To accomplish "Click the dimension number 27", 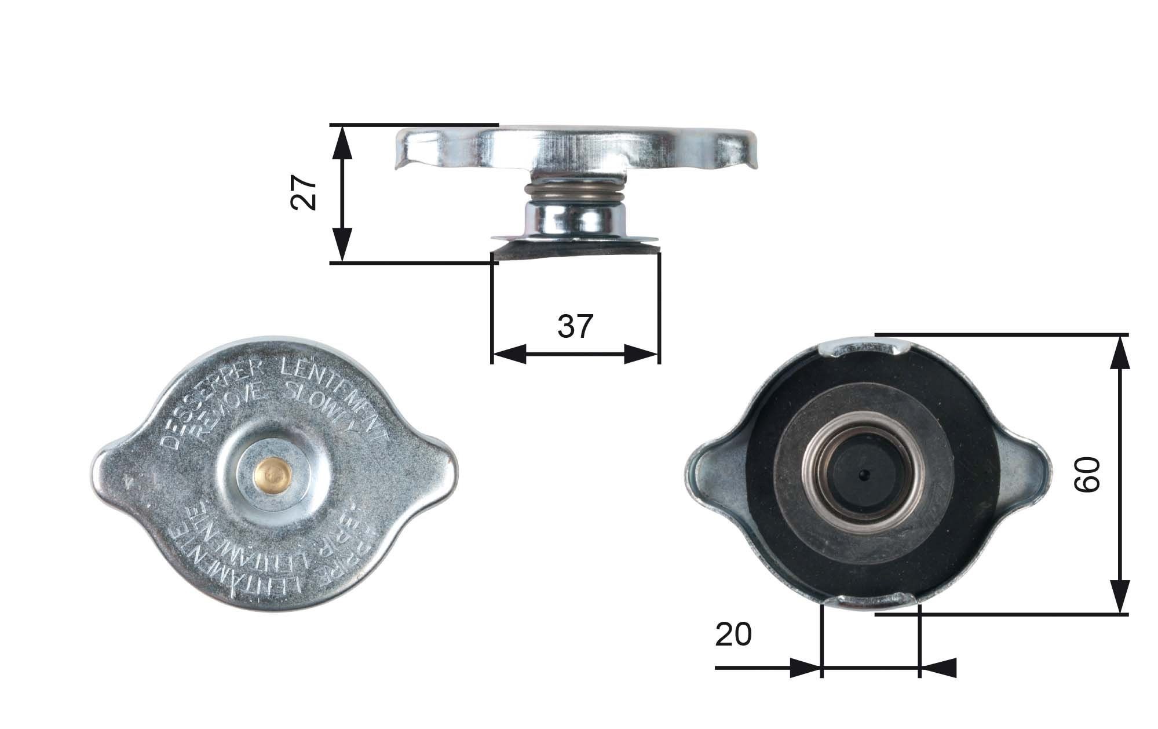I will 304,193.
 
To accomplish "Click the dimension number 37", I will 575,326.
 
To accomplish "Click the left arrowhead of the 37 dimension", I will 507,353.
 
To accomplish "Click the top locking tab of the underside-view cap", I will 863,348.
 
